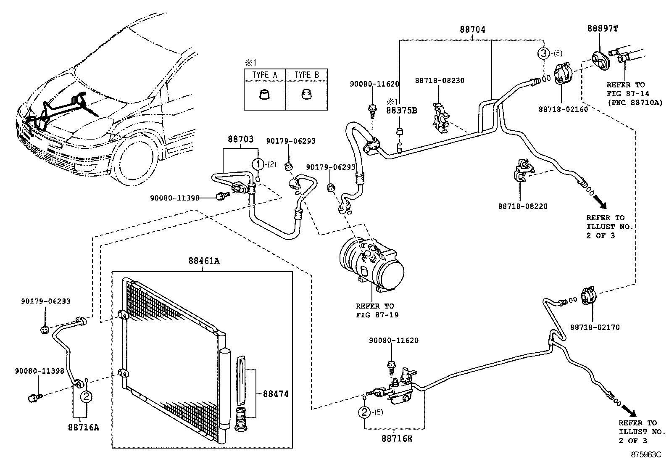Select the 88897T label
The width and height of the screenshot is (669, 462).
click(602, 29)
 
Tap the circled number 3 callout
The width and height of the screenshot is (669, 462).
click(544, 53)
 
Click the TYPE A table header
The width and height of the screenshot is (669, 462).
click(265, 75)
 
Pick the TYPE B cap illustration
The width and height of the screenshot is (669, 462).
click(306, 94)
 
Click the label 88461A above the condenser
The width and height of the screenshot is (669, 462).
click(204, 261)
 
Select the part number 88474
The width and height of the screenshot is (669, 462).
click(276, 394)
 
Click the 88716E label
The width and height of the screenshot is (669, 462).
click(397, 438)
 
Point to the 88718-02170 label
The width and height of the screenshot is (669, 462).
click(595, 327)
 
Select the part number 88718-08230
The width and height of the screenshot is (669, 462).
click(440, 80)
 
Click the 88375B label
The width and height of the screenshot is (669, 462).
click(401, 110)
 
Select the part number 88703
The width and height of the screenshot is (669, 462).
click(241, 140)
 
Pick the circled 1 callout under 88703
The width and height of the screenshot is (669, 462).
click(258, 164)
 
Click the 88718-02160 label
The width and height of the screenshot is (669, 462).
click(563, 109)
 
